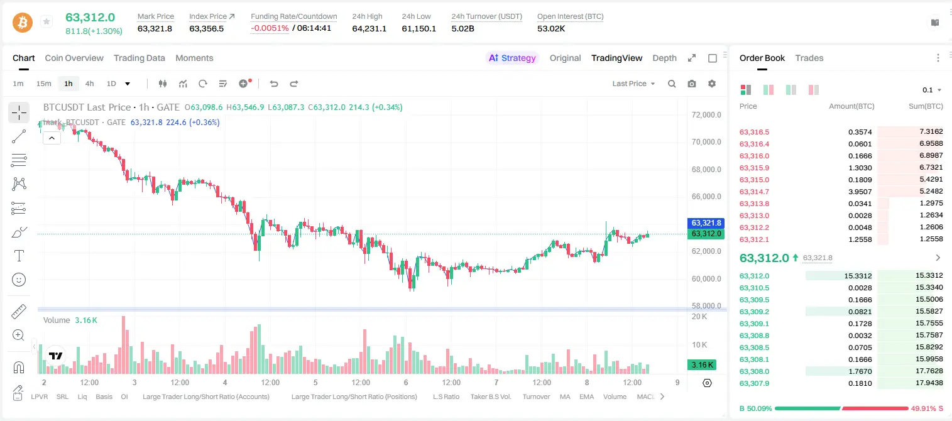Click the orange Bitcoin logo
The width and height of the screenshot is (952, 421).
(x=23, y=23)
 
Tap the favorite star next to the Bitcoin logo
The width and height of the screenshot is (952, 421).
(x=47, y=21)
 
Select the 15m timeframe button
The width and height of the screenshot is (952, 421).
(x=44, y=84)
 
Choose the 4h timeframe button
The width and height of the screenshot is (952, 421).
(x=89, y=84)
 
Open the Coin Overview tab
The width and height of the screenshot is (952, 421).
(x=74, y=58)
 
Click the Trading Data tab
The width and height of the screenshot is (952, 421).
(x=140, y=58)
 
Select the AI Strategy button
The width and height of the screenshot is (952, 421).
(x=512, y=58)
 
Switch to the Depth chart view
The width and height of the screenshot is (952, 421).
(x=664, y=58)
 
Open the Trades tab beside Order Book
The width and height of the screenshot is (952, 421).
(x=809, y=58)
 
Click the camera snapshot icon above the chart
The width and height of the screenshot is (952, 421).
(x=692, y=84)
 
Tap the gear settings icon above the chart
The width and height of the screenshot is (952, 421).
(x=712, y=84)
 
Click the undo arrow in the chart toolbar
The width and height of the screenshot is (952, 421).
(x=274, y=84)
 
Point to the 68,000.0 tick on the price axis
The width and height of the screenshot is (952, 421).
(x=706, y=170)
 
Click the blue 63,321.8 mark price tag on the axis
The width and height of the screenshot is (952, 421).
(x=706, y=223)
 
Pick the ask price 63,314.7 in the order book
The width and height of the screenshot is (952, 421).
(x=755, y=192)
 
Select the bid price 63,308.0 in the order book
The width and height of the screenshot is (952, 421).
(x=755, y=371)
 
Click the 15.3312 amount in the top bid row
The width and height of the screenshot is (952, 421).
(x=858, y=276)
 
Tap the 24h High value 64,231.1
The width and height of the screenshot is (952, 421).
(x=369, y=28)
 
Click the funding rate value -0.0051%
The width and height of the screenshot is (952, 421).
(x=270, y=28)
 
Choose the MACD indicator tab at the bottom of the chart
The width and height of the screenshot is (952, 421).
(x=645, y=396)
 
